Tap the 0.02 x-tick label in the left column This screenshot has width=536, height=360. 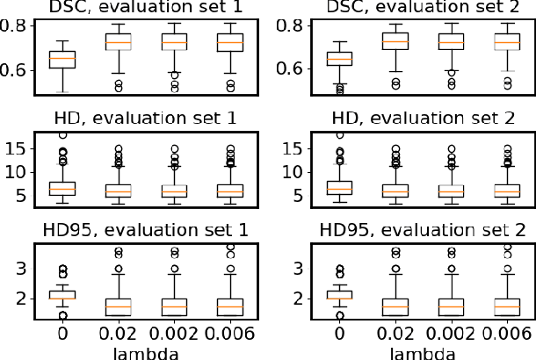(118, 334)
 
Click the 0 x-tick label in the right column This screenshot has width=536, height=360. (340, 334)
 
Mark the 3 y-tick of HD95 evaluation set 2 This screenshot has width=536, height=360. (292, 267)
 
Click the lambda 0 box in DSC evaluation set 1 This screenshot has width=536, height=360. (62, 59)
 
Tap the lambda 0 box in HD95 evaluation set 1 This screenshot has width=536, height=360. (62, 295)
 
